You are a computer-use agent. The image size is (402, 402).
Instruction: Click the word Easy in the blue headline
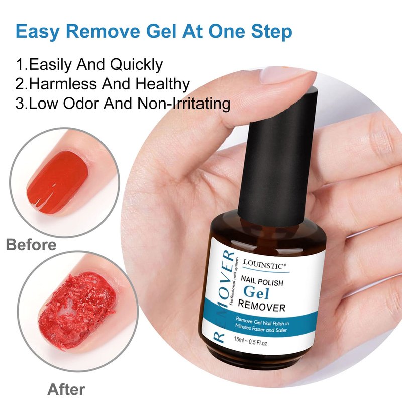(37, 32)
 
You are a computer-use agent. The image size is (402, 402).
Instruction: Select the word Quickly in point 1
(137, 65)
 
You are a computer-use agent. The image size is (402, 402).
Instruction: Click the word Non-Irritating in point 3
(183, 104)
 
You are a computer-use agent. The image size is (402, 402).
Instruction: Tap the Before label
(31, 244)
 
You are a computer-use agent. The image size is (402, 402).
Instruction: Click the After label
(66, 389)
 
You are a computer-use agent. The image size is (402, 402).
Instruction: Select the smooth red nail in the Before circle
(58, 181)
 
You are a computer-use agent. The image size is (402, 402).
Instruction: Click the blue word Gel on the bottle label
(257, 292)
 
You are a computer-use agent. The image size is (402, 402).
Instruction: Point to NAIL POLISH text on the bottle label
(262, 280)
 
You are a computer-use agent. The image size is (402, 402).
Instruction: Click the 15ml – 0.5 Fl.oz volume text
(250, 341)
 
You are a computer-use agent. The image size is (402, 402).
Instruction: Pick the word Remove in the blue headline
(103, 32)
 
